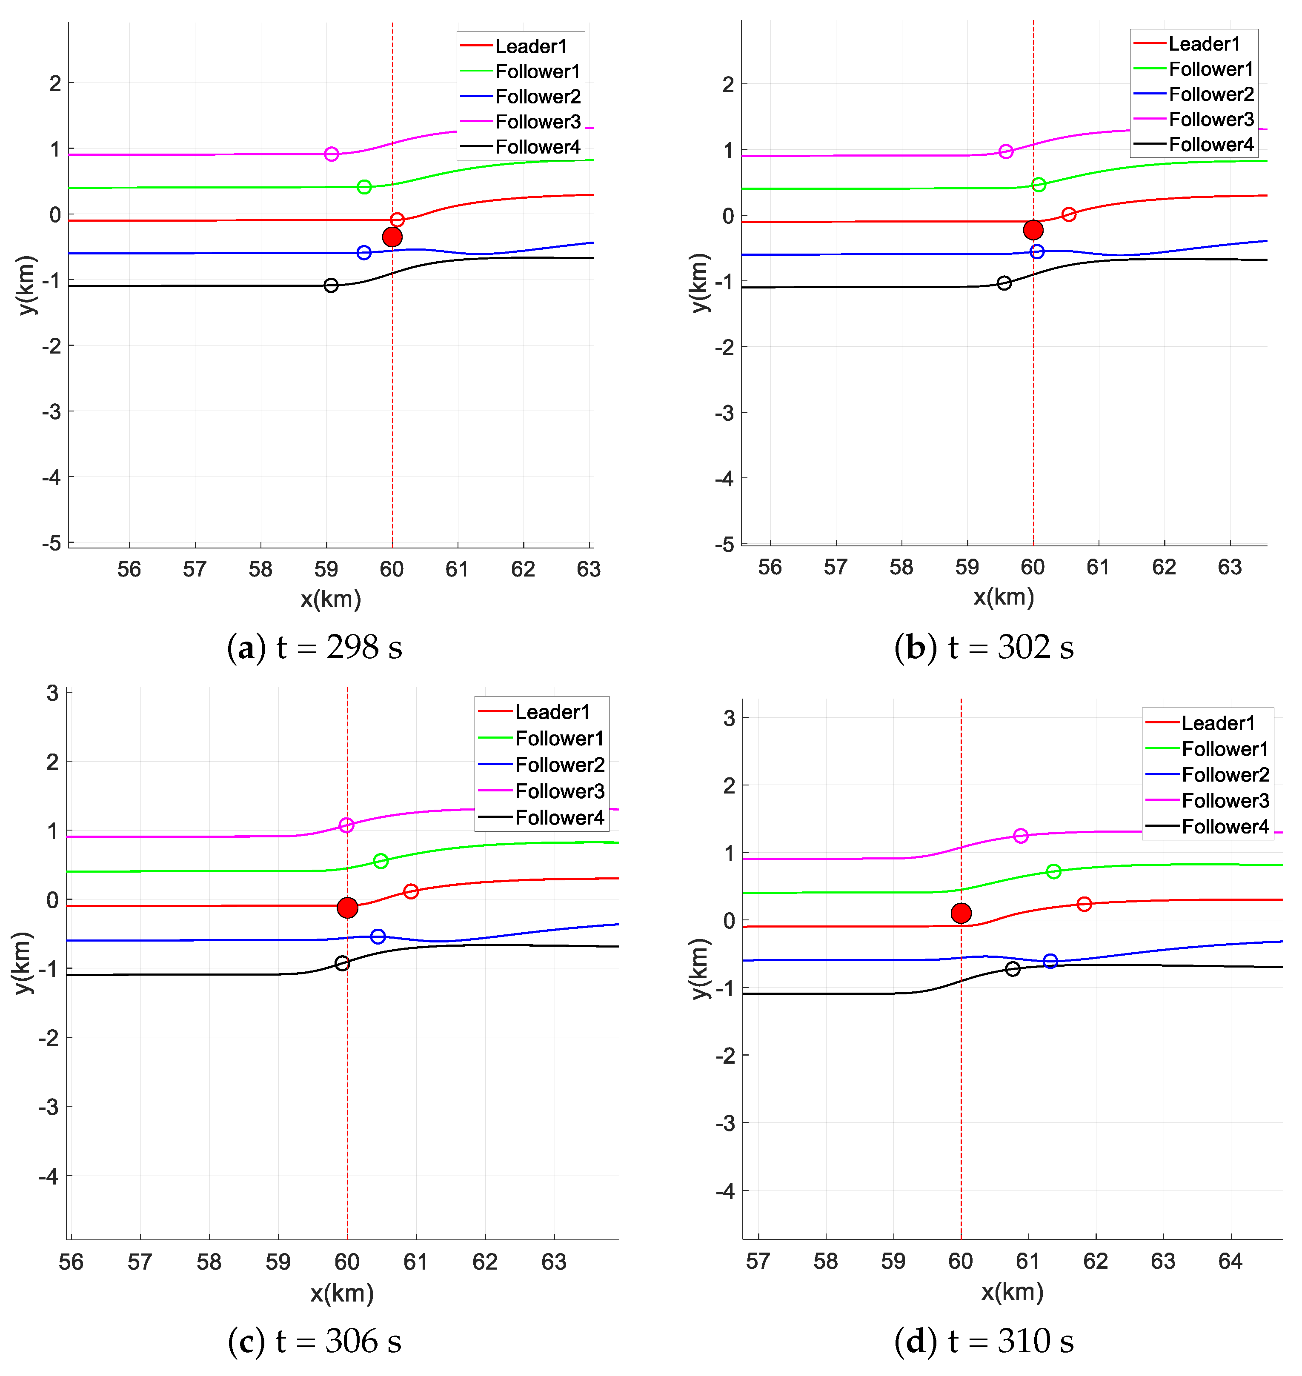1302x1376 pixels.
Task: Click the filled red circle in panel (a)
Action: pos(392,237)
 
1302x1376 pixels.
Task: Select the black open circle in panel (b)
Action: pos(1004,283)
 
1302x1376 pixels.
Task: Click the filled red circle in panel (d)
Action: pos(961,913)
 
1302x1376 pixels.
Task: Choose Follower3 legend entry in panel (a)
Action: pos(537,122)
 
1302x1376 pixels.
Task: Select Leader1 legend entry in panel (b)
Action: pos(1203,44)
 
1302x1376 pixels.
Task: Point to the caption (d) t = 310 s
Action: pos(984,1341)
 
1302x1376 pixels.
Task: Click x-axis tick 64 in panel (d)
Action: pos(1230,1261)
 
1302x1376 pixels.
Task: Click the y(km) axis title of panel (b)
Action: pos(701,283)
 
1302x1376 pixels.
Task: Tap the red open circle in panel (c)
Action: pos(411,891)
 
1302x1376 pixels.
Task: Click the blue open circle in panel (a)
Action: pos(363,253)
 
